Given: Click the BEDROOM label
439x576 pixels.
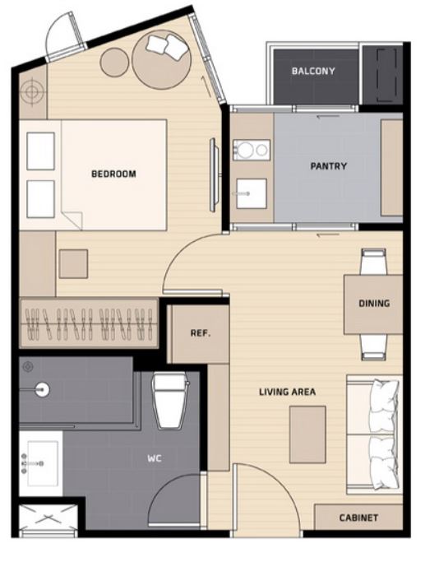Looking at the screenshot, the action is [113, 174].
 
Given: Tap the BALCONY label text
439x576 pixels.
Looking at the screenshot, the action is [313, 71].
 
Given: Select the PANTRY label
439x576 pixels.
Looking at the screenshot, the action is [329, 166].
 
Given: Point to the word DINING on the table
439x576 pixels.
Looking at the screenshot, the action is [374, 303].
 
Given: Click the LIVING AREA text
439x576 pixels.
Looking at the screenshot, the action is [288, 392].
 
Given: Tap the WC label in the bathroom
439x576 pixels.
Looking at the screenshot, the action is [155, 458].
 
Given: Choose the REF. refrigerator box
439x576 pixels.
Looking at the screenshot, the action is [198, 334].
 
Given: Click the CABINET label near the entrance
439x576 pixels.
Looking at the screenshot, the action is [358, 518].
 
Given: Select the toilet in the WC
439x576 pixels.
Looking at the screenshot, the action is [170, 401].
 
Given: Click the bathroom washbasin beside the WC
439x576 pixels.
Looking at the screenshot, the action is [41, 463].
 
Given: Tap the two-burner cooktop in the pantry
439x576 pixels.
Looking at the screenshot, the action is [252, 150].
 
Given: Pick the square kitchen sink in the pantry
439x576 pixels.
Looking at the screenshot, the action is [252, 193].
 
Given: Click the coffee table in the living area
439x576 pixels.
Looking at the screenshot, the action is [307, 434].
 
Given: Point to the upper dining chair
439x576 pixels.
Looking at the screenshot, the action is [374, 262].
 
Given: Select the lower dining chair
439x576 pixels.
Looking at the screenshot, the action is [374, 347].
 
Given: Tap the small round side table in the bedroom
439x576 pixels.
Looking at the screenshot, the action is [114, 63].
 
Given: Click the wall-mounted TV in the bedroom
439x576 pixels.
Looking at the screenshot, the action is [214, 174].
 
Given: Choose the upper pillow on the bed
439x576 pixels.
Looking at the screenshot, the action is [41, 151].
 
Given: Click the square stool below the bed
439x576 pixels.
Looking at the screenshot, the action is [73, 264].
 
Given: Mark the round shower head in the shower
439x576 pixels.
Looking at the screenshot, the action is [43, 389].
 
